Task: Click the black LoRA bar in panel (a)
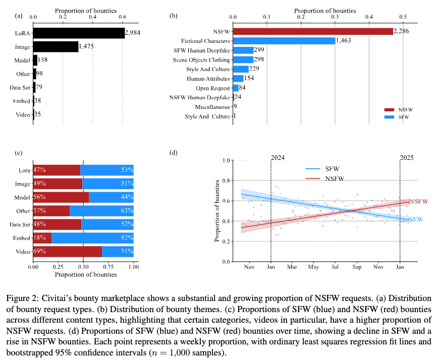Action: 79,33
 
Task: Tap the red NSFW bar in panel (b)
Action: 313,31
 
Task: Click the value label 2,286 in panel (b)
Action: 403,31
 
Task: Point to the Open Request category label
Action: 213,88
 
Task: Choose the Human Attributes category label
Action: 208,79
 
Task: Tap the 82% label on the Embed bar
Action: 127,236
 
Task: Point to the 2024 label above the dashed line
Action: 278,157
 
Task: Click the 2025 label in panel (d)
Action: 407,157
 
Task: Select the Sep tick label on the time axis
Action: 357,267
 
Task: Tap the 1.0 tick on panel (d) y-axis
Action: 227,160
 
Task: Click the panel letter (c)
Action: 19,152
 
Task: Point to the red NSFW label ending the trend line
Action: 418,201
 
